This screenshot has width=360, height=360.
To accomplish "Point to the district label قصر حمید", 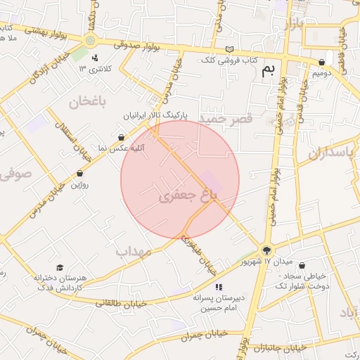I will click(225, 120).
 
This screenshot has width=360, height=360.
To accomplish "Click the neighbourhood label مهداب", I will click(134, 251).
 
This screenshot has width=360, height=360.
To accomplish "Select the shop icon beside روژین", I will click(79, 173).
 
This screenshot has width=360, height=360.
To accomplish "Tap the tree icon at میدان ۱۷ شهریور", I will click(266, 249).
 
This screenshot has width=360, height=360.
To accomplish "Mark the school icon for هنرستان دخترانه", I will click(60, 268).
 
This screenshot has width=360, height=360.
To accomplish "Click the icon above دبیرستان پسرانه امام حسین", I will click(219, 287).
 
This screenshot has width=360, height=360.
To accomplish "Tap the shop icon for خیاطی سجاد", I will click(302, 266).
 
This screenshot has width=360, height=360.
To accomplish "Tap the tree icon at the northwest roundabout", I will click(90, 40).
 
